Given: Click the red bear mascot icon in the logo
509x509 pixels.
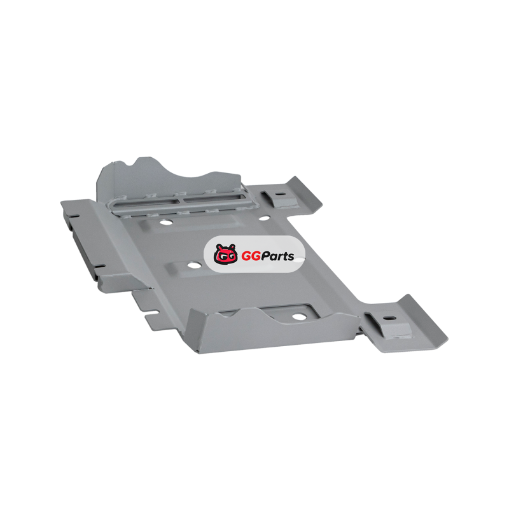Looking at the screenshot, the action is click(x=226, y=254).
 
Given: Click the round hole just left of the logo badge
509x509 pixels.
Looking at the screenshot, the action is click(x=194, y=265).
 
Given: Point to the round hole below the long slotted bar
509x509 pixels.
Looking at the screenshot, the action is click(x=166, y=223).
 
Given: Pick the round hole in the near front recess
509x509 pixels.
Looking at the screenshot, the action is click(x=299, y=316).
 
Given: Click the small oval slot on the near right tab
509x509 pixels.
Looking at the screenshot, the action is click(x=389, y=318).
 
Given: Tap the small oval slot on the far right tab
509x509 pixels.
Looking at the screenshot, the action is click(x=281, y=194).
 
